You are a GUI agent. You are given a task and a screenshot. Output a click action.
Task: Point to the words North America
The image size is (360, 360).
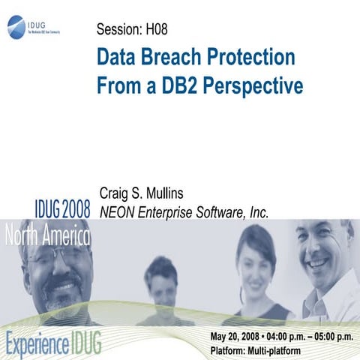coord(46,238)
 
